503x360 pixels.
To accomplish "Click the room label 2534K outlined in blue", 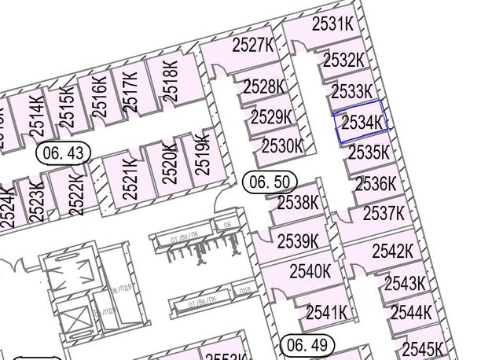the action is pyautogui.click(x=362, y=123).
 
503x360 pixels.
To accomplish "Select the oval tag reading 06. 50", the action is pyautogui.click(x=269, y=182).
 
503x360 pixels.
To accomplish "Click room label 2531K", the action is pyautogui.click(x=332, y=24).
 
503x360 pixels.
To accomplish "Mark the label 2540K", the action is pyautogui.click(x=310, y=272).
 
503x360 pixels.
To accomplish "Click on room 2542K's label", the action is pyautogui.click(x=393, y=252).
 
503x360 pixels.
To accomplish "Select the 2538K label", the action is pyautogui.click(x=299, y=203).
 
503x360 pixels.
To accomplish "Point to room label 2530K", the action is pyautogui.click(x=282, y=145).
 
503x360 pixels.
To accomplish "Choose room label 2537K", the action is pyautogui.click(x=384, y=213).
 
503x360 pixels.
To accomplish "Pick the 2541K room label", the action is pyautogui.click(x=326, y=312).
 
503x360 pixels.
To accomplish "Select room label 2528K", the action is pyautogui.click(x=263, y=86).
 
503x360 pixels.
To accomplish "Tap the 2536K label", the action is pyautogui.click(x=376, y=185).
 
